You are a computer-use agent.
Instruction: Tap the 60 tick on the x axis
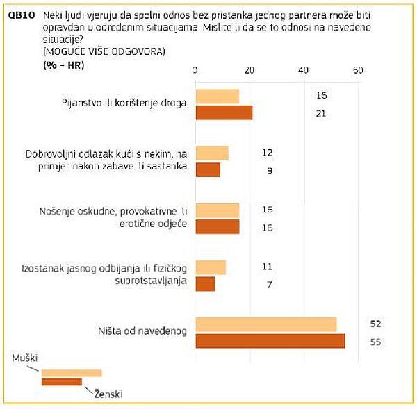point(358,70)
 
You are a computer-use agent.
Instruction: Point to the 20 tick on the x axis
point(250,70)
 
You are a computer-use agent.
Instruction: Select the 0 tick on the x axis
point(195,70)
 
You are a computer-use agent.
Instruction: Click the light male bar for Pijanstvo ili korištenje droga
point(217,96)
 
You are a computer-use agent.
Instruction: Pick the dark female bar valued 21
point(224,112)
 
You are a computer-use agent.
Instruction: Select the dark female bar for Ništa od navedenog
point(270,341)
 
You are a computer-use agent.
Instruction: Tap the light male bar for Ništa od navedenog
point(266,324)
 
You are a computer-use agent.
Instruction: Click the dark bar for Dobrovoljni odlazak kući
point(208,169)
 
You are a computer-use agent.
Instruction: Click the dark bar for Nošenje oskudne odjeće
point(217,226)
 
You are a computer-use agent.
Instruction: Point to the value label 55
point(376,342)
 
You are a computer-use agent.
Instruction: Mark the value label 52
point(376,324)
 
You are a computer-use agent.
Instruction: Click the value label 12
point(267,153)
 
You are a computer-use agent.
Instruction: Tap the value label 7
point(268,284)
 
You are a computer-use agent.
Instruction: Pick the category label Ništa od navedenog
point(142,331)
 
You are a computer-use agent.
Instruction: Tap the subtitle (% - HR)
point(64,65)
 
